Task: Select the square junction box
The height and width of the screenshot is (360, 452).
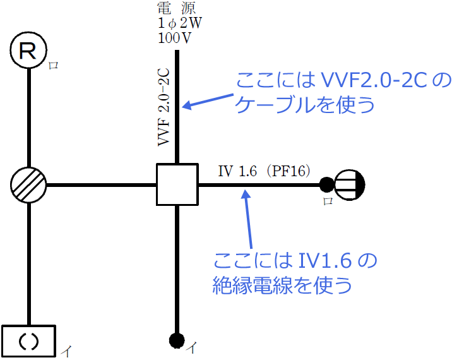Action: pos(177,184)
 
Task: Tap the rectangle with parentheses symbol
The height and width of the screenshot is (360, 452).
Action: pos(29,341)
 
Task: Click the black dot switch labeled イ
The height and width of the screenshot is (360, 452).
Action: pos(177,340)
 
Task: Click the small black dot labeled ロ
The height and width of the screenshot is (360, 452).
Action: pos(326,184)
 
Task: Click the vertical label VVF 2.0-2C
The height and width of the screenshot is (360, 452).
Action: pos(164,107)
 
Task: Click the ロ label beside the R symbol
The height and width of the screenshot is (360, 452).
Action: pos(53,65)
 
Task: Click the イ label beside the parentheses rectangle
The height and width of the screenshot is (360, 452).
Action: pos(65,349)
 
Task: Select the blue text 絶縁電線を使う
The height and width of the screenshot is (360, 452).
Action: pos(282,285)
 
